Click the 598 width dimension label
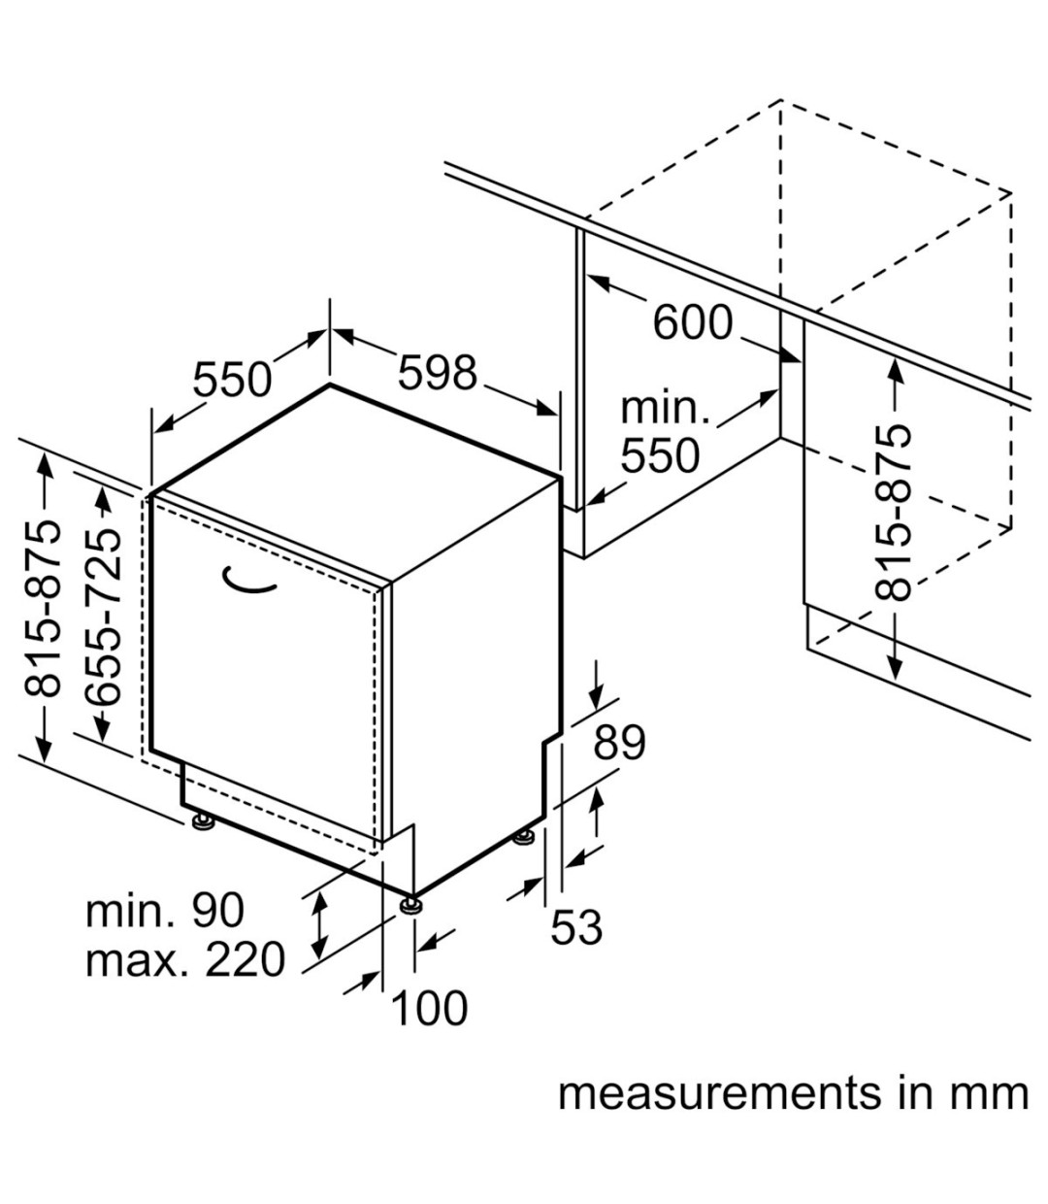tap(438, 373)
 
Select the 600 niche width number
tap(692, 323)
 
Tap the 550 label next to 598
tap(233, 380)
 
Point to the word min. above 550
tap(665, 409)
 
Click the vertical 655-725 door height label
tap(104, 616)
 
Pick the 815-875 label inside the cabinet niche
tap(894, 512)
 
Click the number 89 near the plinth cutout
tap(619, 743)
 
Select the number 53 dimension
tap(576, 927)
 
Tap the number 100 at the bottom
tap(429, 1008)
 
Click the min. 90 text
tap(165, 911)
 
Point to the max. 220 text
tap(185, 960)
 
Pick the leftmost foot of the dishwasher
tap(203, 823)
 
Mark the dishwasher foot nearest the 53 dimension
tap(525, 836)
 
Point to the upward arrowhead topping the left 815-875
tap(44, 462)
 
